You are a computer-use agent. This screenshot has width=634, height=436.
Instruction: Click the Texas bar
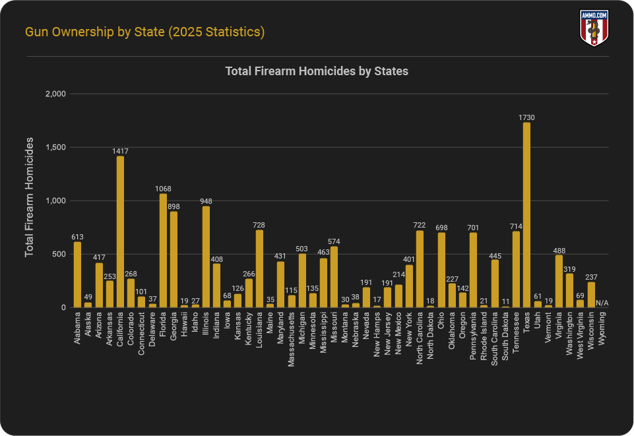pyautogui.click(x=526, y=215)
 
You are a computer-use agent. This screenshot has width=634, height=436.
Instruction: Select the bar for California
pyautogui.click(x=120, y=232)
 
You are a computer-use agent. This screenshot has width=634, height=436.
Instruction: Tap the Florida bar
pyautogui.click(x=163, y=251)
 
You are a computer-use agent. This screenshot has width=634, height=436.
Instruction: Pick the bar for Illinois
pyautogui.click(x=206, y=257)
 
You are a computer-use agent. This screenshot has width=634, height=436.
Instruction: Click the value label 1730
pyautogui.click(x=526, y=117)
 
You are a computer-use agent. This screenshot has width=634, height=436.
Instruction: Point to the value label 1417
pyautogui.click(x=120, y=151)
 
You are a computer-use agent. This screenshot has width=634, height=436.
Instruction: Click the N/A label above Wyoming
pyautogui.click(x=602, y=303)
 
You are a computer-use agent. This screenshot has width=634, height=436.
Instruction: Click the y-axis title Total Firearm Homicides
pyautogui.click(x=30, y=197)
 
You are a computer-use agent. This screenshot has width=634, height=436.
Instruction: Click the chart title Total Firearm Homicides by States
pyautogui.click(x=317, y=71)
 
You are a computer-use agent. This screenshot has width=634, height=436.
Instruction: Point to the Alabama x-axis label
pyautogui.click(x=78, y=328)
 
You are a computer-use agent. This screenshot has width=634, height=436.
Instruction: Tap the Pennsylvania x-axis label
pyautogui.click(x=473, y=337)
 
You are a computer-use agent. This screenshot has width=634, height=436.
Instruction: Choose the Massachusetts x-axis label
pyautogui.click(x=292, y=340)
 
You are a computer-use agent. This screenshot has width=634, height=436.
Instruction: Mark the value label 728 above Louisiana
pyautogui.click(x=259, y=225)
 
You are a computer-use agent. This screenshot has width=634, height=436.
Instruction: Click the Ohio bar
pyautogui.click(x=441, y=270)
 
